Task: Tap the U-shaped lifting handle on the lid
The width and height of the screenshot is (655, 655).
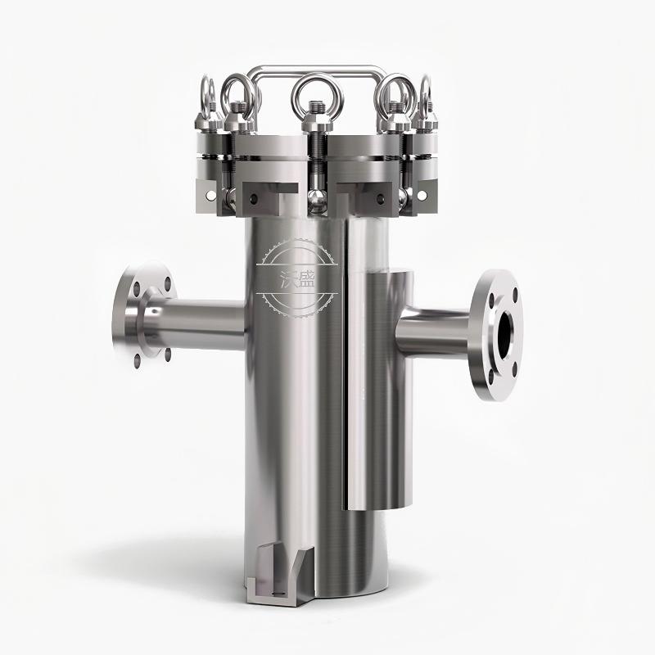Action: point(318,69)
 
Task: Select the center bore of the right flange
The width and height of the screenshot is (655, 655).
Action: point(505,334)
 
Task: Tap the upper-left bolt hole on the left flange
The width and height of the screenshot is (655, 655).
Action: point(137,287)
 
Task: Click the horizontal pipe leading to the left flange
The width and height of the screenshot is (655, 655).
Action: point(196,323)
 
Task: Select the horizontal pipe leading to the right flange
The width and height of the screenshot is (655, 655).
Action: point(435,332)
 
